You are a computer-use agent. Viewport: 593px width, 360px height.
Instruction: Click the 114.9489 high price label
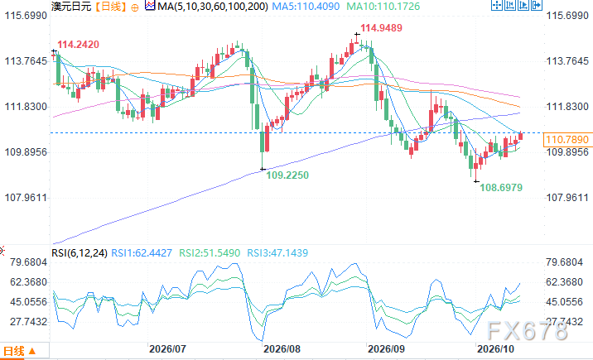pos(381,28)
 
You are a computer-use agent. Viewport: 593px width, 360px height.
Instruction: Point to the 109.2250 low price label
pos(287,175)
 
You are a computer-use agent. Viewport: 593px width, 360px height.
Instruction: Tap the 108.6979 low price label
pos(501,187)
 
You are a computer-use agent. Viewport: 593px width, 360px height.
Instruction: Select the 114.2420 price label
pos(79,45)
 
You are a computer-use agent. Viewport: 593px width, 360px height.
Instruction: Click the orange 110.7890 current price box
pos(567,140)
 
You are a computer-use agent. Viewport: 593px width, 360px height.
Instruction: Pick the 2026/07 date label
pos(167,348)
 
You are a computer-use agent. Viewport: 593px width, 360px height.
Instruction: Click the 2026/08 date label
pos(282,348)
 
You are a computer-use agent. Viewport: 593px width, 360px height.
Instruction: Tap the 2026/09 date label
pos(386,348)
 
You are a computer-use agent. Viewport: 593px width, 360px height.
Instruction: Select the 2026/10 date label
pos(495,348)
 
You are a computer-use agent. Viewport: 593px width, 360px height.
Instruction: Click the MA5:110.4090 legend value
pos(306,7)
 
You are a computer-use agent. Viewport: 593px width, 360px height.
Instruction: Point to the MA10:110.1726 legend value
pos(383,7)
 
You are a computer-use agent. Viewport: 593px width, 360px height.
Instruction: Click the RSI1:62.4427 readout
pos(142,253)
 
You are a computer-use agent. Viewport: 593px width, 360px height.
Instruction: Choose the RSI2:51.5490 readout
pos(210,253)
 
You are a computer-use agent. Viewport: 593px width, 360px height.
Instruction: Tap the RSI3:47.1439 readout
pos(277,253)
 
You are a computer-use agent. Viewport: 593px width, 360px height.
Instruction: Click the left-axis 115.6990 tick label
pos(26,16)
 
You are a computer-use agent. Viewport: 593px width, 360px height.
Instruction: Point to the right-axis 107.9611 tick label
pos(567,198)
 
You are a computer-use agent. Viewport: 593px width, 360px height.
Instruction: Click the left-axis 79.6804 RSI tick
pos(29,262)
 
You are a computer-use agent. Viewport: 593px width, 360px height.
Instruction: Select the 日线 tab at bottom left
pos(19,352)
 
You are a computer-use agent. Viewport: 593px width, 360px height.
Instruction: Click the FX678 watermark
pos(528,331)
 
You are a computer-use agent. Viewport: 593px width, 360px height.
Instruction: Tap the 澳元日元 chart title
pos(71,7)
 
